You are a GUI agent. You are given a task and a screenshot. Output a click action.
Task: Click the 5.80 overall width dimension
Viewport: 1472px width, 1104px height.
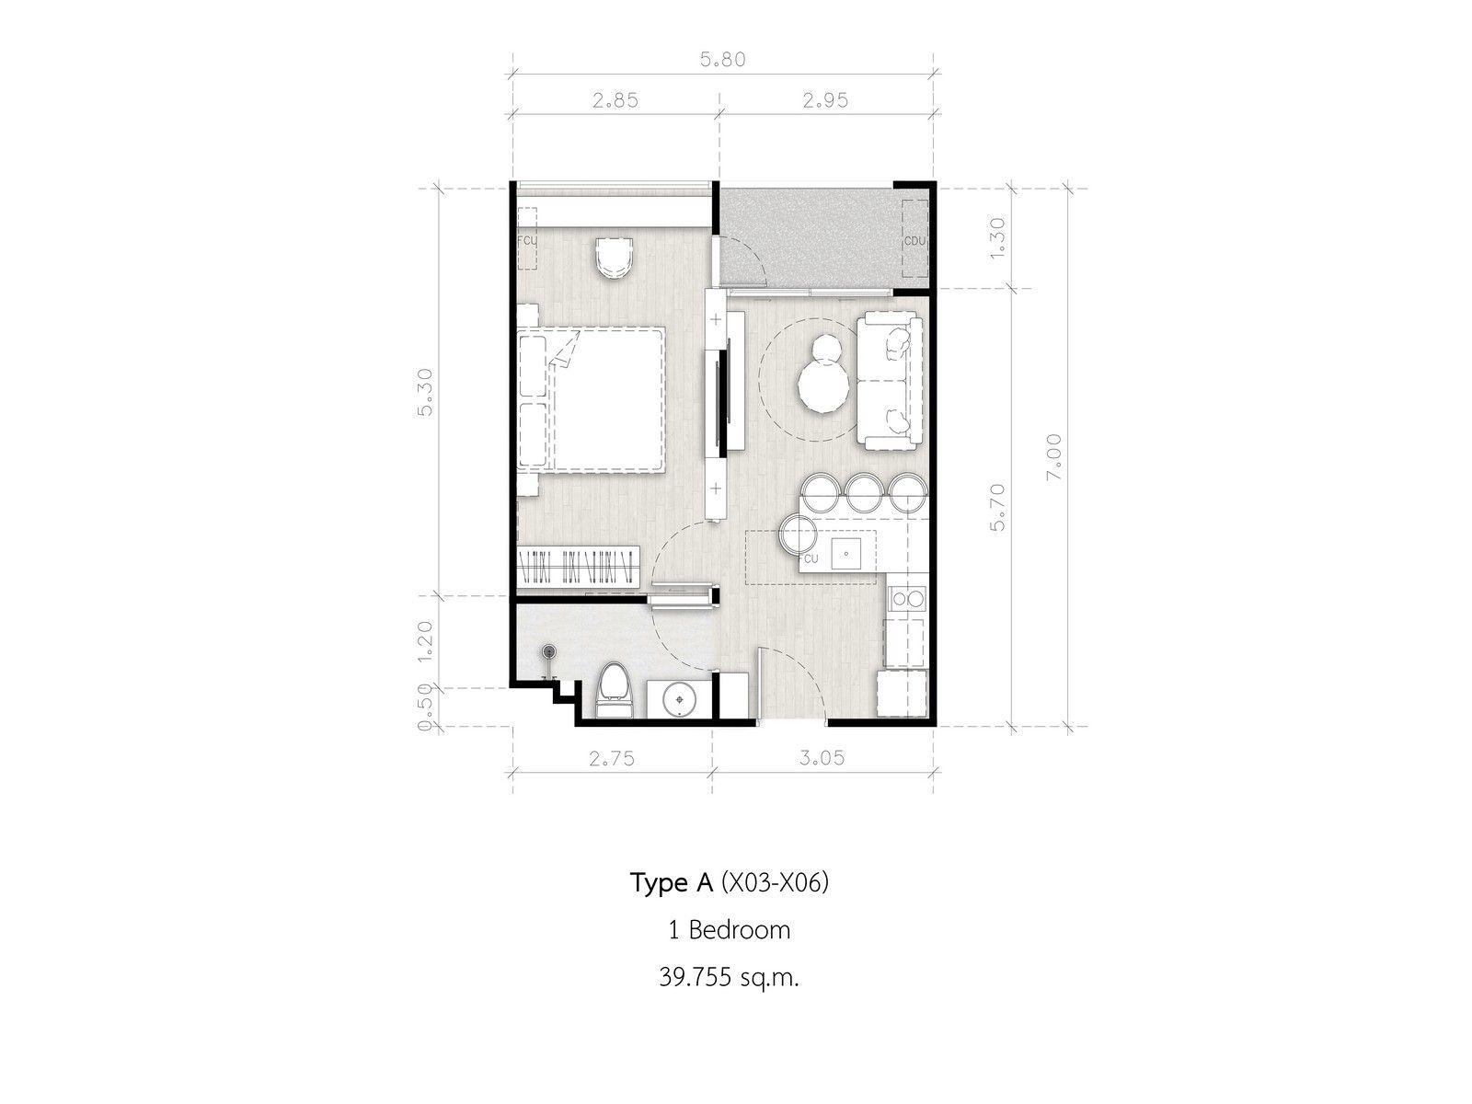[722, 60]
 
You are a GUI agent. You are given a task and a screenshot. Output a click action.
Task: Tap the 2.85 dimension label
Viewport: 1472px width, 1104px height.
[615, 100]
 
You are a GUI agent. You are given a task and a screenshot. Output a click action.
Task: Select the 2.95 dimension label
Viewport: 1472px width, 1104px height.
[825, 100]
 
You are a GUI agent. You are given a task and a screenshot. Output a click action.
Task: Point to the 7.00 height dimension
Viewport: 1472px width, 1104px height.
[1053, 456]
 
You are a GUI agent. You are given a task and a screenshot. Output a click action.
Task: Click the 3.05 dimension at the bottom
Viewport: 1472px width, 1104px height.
[822, 758]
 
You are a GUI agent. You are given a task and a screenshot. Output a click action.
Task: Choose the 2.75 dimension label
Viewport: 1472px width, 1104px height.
[611, 759]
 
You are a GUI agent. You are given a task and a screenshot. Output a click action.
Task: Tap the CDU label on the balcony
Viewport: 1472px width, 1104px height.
[914, 241]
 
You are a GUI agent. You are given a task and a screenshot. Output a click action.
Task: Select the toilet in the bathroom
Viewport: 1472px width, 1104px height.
[615, 690]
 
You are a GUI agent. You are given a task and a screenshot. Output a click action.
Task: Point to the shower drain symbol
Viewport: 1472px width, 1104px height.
[549, 650]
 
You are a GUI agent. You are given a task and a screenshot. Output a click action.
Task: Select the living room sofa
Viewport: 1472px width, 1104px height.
[890, 381]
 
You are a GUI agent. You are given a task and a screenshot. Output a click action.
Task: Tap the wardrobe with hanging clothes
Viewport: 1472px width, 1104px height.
[578, 564]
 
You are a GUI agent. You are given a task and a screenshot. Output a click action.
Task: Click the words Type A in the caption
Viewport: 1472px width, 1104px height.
[672, 883]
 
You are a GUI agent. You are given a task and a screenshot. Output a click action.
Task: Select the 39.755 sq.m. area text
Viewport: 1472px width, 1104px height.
[729, 978]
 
